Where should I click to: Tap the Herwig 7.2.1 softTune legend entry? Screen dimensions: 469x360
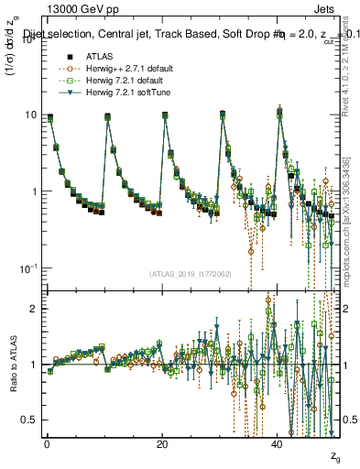click(x=114, y=93)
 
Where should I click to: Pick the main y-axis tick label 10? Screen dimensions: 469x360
click(x=29, y=115)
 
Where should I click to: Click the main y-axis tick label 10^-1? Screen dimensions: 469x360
click(x=26, y=268)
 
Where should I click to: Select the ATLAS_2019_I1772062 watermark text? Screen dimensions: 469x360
click(x=190, y=274)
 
